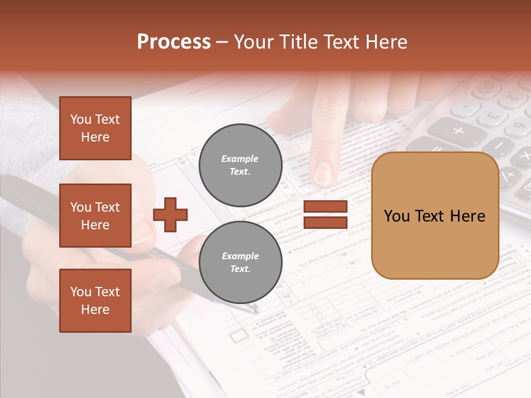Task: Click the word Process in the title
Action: (174, 42)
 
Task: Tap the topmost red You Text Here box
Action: (95, 128)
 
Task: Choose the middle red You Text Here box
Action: (95, 216)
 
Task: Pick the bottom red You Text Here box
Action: (95, 300)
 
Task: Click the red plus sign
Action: (170, 214)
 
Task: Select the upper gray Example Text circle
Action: (240, 165)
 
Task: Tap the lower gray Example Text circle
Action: (240, 263)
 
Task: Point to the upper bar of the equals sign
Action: (325, 207)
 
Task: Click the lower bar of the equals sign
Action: (325, 222)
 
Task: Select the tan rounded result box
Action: (435, 216)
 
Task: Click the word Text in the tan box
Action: (434, 216)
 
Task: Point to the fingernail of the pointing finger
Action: (325, 172)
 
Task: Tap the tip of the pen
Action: (256, 310)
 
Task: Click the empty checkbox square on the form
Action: (238, 335)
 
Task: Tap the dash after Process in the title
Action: (222, 42)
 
